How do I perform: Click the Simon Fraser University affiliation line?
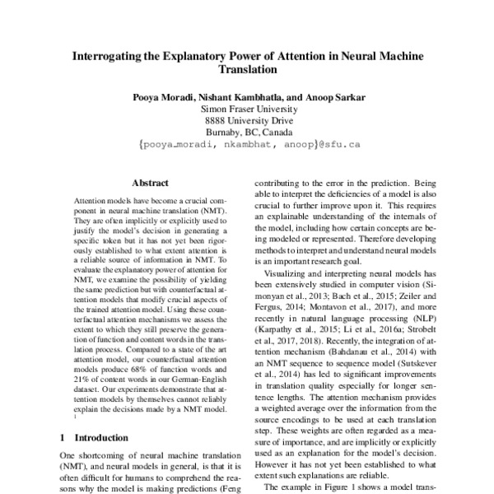(x=247, y=109)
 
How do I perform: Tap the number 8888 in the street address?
(x=219, y=121)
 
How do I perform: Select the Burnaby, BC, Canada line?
(x=247, y=133)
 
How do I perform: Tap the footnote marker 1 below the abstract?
(x=75, y=416)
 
